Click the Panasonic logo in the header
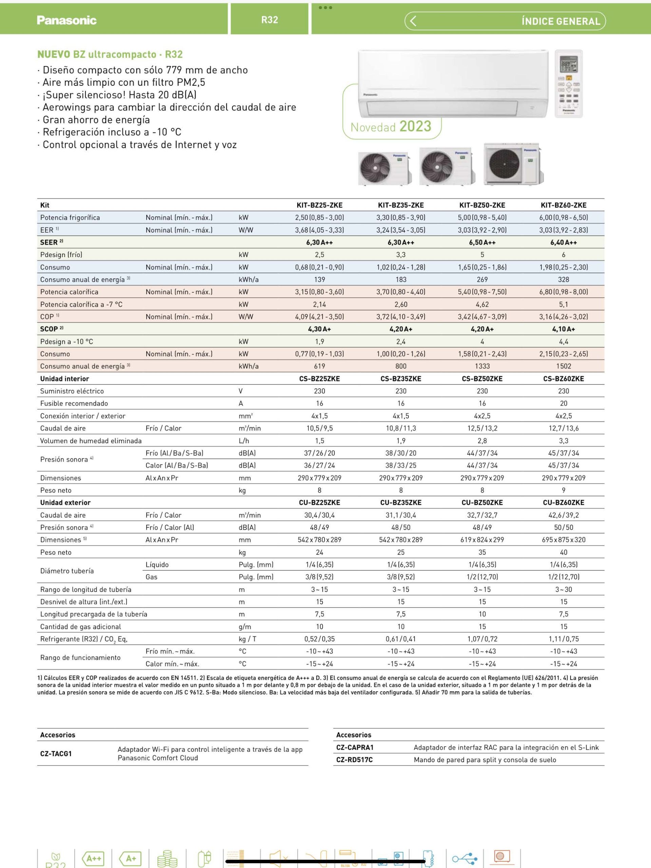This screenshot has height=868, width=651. point(67,20)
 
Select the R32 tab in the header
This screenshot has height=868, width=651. point(269,20)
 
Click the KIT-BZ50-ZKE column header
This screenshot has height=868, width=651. point(482,205)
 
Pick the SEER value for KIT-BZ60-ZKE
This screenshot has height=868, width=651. point(563,242)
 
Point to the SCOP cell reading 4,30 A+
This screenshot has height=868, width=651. point(320,329)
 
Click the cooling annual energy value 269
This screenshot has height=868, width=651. point(482,279)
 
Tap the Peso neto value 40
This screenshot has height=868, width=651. point(563,552)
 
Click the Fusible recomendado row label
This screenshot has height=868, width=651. point(74,403)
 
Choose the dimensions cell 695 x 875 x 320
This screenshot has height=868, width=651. point(563,540)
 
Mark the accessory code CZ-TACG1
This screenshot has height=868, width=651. point(56,753)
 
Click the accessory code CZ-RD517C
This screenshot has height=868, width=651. point(355,760)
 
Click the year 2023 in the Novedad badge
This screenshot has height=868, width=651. point(416,127)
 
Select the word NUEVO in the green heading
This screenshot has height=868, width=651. point(54,55)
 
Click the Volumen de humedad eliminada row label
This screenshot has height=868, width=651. point(91,441)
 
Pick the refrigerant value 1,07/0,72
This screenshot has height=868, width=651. point(482,639)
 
